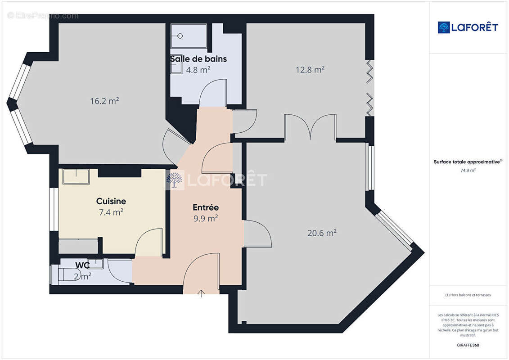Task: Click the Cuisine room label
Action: (111, 201)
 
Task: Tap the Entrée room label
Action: (206, 207)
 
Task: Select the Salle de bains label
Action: (198, 59)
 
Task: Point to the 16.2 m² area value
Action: (104, 101)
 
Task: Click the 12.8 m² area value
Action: (310, 69)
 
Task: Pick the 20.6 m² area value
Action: (322, 233)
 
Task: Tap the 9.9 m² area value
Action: (206, 218)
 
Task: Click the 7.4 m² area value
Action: (111, 212)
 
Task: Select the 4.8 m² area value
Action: (198, 70)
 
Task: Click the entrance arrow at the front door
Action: (201, 293)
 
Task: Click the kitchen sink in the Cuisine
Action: (76, 176)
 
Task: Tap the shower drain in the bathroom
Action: (180, 36)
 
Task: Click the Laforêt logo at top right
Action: (468, 27)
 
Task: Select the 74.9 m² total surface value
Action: (468, 170)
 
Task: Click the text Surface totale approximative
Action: (467, 162)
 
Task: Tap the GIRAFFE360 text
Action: (468, 345)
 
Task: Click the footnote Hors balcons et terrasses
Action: (468, 295)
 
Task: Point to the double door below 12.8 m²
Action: (310, 126)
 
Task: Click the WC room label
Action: (82, 265)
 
